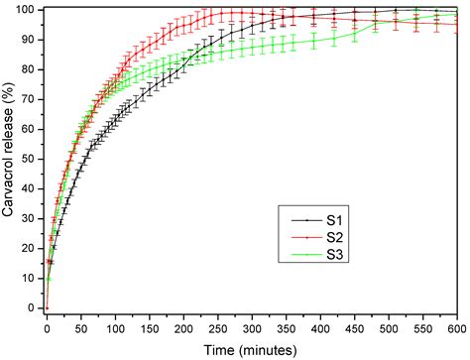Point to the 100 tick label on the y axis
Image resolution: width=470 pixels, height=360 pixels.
[x=28, y=10]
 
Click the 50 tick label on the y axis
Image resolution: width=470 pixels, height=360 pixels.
[x=31, y=159]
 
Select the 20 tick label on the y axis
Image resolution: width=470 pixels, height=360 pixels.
[x=31, y=248]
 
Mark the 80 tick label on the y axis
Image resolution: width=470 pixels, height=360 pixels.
[x=31, y=69]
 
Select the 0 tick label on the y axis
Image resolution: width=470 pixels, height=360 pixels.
[x=34, y=307]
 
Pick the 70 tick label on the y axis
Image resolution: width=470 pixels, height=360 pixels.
[x=31, y=99]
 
